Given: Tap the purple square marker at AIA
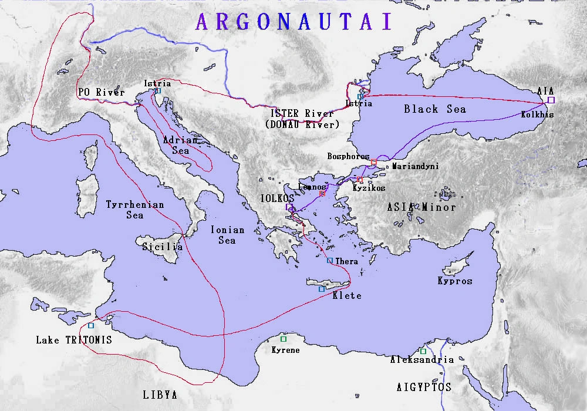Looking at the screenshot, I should (551, 100).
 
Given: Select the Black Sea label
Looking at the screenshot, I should (434, 109).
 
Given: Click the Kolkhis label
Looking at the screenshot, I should (537, 114).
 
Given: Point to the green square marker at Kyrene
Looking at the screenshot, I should (284, 339).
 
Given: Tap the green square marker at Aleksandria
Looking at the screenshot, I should (423, 351).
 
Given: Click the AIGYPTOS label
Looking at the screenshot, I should (424, 387).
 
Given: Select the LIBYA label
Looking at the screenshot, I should (160, 395).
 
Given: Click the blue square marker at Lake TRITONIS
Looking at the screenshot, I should (91, 325).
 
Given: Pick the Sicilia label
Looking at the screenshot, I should (163, 247).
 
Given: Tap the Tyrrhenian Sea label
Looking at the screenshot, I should (134, 210).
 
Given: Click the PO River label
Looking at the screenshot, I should (101, 92).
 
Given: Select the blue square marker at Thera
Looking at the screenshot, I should (330, 261).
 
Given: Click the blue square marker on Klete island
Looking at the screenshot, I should (321, 289).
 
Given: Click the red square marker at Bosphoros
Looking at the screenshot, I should (373, 162).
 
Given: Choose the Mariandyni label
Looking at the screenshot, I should (415, 166).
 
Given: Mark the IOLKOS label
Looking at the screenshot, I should (278, 198).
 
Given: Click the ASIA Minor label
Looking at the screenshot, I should (421, 207).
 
